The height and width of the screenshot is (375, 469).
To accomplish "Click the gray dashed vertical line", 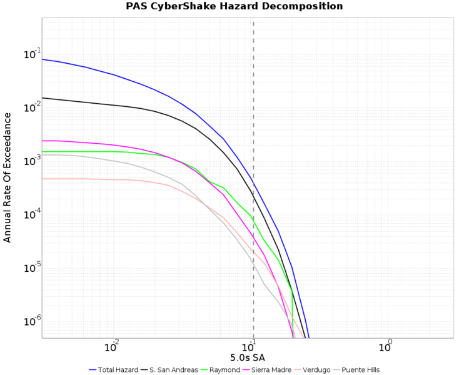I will click(x=253, y=94).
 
